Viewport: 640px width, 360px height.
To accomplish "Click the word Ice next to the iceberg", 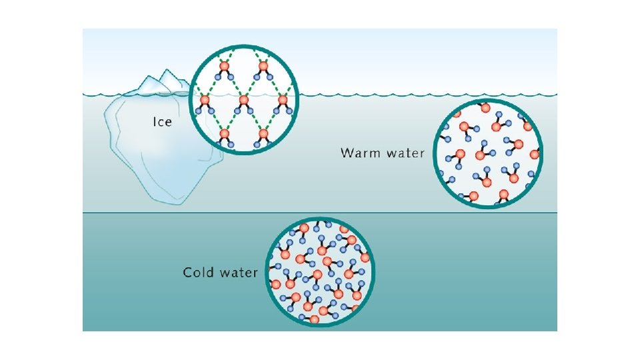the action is click(162, 122).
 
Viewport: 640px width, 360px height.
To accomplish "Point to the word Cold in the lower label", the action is click(199, 273).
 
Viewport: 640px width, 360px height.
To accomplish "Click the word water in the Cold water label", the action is click(237, 273).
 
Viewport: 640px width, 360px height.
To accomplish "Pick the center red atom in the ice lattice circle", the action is click(244, 101).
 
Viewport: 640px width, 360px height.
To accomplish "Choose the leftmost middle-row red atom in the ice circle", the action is click(205, 101).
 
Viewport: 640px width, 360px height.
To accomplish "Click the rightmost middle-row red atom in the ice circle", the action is click(283, 101).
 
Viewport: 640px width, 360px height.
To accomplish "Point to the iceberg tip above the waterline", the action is click(160, 83).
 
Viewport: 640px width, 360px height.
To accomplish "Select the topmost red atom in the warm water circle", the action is click(486, 107).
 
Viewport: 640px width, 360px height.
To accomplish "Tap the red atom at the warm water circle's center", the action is click(480, 155).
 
